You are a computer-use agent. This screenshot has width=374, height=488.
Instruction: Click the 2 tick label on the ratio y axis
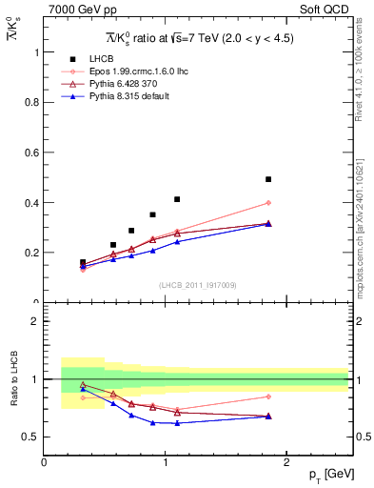36,321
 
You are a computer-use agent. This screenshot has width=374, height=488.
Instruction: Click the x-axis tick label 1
166,461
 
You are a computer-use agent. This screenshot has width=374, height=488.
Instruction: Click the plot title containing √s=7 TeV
195,39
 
